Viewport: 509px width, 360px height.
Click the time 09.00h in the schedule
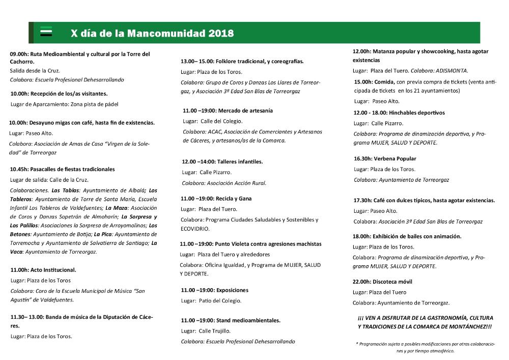pyautogui.click(x=19, y=53)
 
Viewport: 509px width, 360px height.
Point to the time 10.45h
pyautogui.click(x=19, y=169)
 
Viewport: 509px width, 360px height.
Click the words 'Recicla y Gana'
pyautogui.click(x=234, y=199)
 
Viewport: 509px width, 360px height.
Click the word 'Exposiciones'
pyautogui.click(x=232, y=290)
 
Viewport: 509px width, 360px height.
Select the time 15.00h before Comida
pyautogui.click(x=363, y=81)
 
